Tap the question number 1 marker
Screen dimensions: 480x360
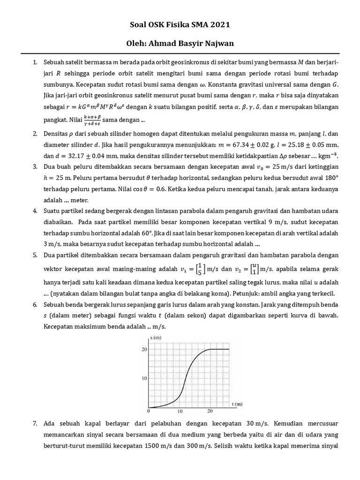click(x=35, y=62)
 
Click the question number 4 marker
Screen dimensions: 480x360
click(x=35, y=211)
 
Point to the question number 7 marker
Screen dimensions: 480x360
click(x=35, y=423)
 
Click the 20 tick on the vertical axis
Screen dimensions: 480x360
click(x=144, y=349)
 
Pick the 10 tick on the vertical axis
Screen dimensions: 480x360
click(x=144, y=378)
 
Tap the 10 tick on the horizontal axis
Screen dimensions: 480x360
click(x=180, y=411)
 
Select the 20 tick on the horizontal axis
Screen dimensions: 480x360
click(x=210, y=411)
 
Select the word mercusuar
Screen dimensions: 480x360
click(x=320, y=423)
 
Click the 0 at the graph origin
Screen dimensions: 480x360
click(x=149, y=411)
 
